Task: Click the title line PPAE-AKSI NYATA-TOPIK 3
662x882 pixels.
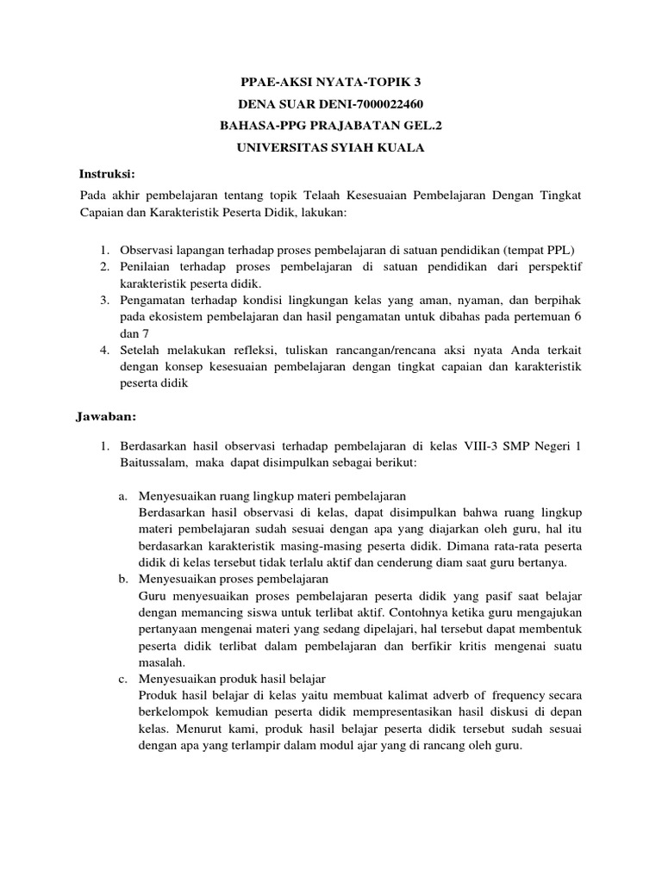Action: pos(331,84)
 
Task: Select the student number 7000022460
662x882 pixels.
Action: pos(384,105)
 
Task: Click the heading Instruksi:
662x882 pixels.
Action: pos(109,172)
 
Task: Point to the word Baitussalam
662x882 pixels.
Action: pos(153,463)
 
